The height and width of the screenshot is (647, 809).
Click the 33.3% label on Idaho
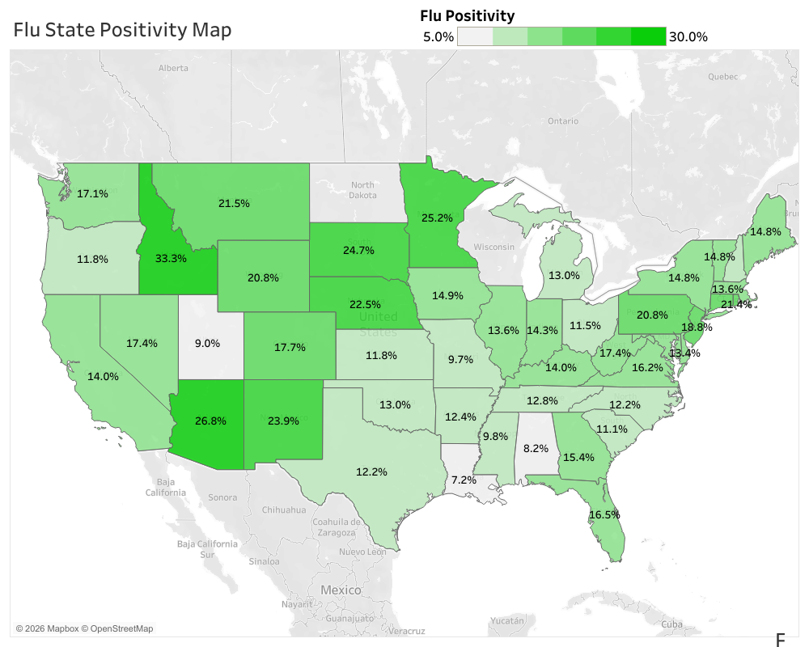click(x=171, y=259)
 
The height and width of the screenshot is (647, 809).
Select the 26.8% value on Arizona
click(x=210, y=421)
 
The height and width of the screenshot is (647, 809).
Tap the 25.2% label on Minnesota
click(x=437, y=218)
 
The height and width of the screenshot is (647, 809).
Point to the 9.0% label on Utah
click(x=207, y=343)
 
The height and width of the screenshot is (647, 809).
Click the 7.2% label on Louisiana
click(x=464, y=480)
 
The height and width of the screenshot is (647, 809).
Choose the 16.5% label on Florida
click(x=604, y=514)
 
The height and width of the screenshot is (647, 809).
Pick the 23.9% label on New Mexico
click(x=283, y=421)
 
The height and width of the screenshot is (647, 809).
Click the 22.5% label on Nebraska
click(x=365, y=304)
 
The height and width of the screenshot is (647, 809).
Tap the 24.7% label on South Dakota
click(x=358, y=250)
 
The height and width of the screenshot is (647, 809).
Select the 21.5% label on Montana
click(x=234, y=203)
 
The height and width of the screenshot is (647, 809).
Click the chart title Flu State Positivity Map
click(x=122, y=30)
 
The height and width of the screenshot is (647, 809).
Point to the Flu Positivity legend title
click(x=467, y=15)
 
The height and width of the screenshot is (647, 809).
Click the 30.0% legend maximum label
click(x=688, y=36)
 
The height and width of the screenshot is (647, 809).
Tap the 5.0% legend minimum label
click(x=438, y=36)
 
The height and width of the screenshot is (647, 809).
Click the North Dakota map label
click(x=362, y=190)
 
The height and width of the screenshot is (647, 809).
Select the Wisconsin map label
click(x=493, y=246)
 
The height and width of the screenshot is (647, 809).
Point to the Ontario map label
click(x=562, y=121)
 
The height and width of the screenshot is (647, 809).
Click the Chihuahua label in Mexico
click(x=284, y=510)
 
